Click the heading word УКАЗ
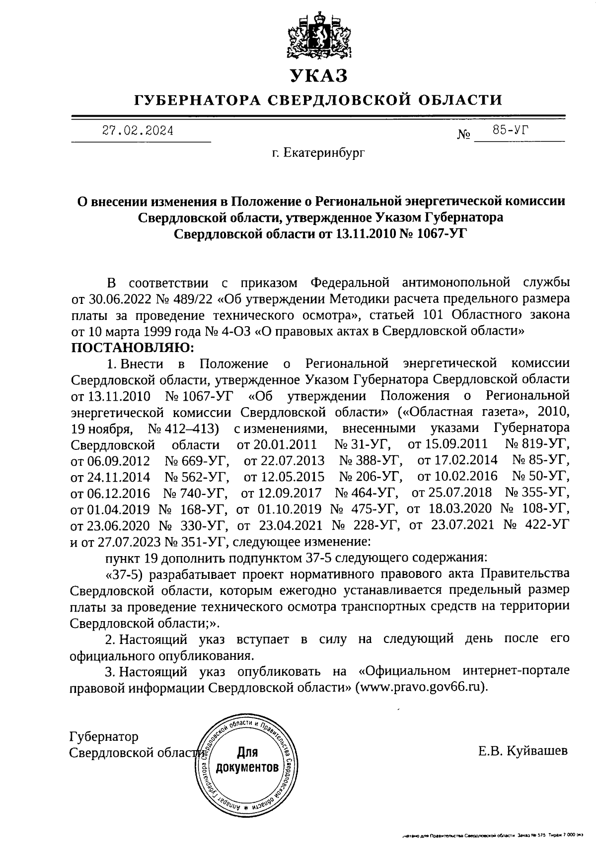(318, 75)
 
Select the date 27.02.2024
(138, 131)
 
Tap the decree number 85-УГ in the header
(510, 130)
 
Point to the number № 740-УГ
(195, 493)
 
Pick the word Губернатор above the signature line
(104, 736)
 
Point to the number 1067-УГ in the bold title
(432, 233)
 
